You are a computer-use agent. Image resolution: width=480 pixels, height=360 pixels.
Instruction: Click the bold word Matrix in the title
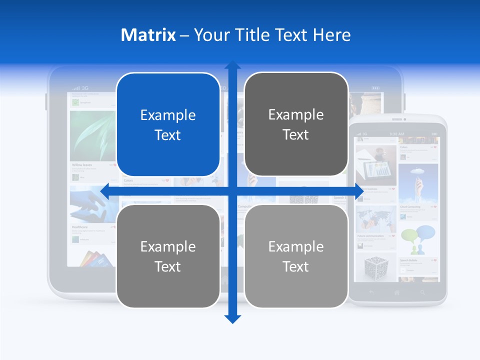(x=148, y=35)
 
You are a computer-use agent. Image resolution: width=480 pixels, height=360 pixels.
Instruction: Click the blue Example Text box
(x=168, y=124)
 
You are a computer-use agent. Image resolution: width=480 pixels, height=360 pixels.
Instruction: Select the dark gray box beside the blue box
(x=296, y=124)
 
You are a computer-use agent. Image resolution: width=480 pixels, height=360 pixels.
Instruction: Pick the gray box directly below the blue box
(x=168, y=256)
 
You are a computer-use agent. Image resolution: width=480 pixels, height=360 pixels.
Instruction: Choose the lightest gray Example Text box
(x=296, y=256)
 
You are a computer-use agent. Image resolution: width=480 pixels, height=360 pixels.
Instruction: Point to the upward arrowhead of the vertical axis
(x=232, y=66)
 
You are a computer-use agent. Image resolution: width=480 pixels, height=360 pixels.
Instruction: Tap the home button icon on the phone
(x=397, y=292)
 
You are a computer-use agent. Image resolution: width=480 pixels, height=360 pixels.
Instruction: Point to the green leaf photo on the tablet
(x=92, y=135)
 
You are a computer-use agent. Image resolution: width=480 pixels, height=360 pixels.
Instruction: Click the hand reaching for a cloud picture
(x=418, y=182)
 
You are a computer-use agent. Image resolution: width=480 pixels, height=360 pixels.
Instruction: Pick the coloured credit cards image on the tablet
(x=95, y=259)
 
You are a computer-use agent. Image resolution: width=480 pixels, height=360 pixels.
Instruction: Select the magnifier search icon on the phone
(x=423, y=292)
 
